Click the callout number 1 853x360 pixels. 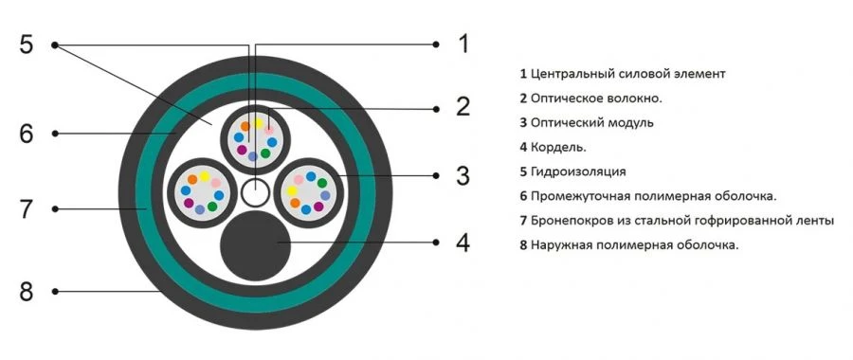[463, 44]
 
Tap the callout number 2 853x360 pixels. [463, 106]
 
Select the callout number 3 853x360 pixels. [463, 175]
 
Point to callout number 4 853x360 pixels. [463, 243]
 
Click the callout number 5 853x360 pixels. [27, 45]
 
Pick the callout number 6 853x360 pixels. [27, 134]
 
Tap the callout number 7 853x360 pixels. [27, 208]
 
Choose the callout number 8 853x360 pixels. [27, 292]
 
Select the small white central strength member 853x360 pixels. [254, 192]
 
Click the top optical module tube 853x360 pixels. [254, 137]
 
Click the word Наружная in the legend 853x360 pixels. [561, 245]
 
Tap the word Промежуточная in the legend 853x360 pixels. [581, 196]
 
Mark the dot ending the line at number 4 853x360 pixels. [436, 243]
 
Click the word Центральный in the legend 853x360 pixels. [572, 73]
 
